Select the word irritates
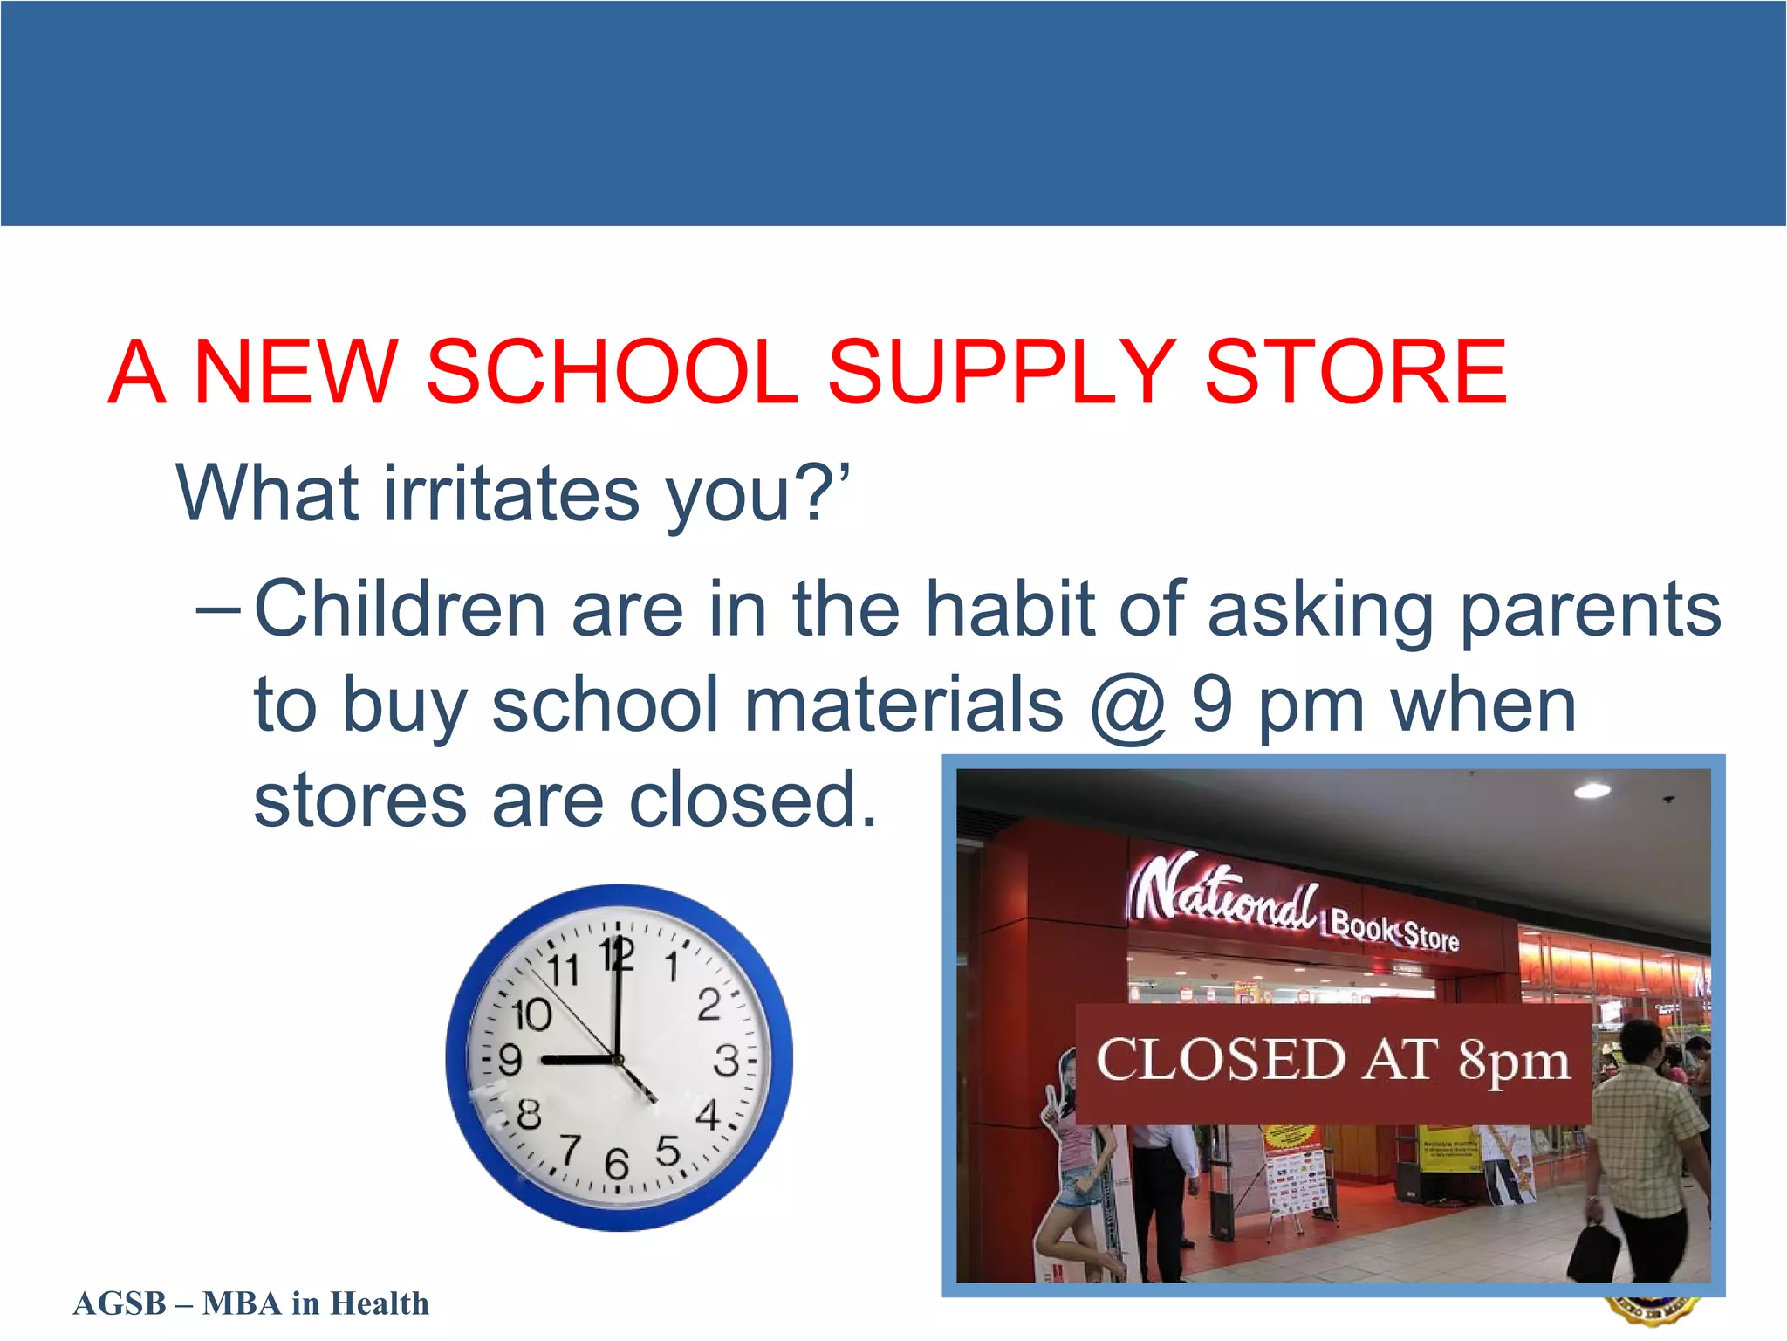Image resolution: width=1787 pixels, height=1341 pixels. (x=511, y=494)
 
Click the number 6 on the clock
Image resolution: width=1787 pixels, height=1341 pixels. (x=617, y=1164)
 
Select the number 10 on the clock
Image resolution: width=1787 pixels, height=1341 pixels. (x=531, y=1015)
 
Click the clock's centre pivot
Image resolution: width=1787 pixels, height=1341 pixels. (x=618, y=1060)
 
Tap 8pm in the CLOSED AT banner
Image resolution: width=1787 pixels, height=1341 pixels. (x=1514, y=1062)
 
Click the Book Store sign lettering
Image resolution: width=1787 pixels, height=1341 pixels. (x=1394, y=931)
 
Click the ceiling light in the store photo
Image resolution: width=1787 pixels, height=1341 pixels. (x=1592, y=791)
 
